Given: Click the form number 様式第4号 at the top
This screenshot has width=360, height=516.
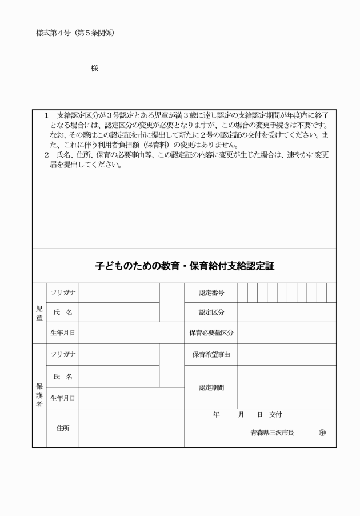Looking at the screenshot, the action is pyautogui.click(x=55, y=33).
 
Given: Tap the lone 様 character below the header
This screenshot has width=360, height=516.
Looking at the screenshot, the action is pyautogui.click(x=94, y=69).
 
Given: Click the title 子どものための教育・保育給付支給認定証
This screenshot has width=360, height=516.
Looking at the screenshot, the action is pyautogui.click(x=185, y=266).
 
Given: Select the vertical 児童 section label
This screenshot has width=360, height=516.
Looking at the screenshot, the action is pyautogui.click(x=39, y=313).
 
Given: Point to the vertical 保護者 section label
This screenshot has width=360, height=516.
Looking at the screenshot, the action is pyautogui.click(x=39, y=395).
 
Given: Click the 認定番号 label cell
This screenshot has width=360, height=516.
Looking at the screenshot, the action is pyautogui.click(x=211, y=293).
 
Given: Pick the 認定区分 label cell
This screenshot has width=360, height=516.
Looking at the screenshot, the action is pyautogui.click(x=211, y=313).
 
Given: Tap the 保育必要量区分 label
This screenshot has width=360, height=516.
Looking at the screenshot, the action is pyautogui.click(x=211, y=332).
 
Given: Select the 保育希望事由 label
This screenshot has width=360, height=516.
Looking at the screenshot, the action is pyautogui.click(x=211, y=354).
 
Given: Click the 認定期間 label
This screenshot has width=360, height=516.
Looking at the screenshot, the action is pyautogui.click(x=211, y=387).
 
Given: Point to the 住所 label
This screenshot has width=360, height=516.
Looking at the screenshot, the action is pyautogui.click(x=62, y=427).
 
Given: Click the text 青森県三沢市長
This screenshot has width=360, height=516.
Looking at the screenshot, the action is pyautogui.click(x=272, y=433).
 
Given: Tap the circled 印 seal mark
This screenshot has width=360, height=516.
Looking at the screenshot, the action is pyautogui.click(x=322, y=433).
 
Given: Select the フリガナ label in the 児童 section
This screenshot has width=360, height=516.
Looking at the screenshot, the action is pyautogui.click(x=62, y=293).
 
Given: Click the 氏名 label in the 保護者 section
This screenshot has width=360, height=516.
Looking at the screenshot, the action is pyautogui.click(x=62, y=377).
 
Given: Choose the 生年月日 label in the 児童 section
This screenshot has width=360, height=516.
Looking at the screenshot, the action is pyautogui.click(x=62, y=332).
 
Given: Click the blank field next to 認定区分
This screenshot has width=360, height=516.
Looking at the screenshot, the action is pyautogui.click(x=287, y=313).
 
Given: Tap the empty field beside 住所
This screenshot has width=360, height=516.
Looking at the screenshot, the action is pyautogui.click(x=131, y=427).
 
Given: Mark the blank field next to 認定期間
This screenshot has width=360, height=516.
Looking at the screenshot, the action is pyautogui.click(x=287, y=387).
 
